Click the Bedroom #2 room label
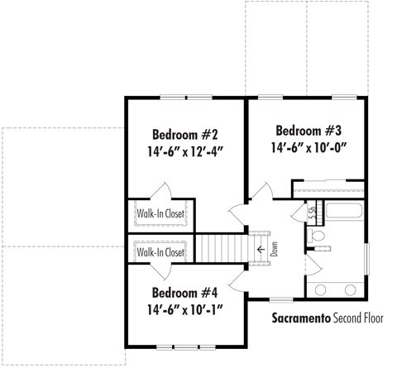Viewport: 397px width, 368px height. point(185,135)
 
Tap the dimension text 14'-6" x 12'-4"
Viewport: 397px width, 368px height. point(185,151)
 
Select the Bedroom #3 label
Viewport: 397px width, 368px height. point(309,131)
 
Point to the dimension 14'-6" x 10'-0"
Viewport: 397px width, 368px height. point(309,147)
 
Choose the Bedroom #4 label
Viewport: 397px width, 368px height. point(184,293)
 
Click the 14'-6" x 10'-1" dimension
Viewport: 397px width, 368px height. point(184,309)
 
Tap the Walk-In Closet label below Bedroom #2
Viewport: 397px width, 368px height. point(160,213)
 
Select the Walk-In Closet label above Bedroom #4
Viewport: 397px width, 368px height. point(160,252)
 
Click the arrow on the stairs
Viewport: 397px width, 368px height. point(261,250)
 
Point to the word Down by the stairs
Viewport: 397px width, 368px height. point(274,249)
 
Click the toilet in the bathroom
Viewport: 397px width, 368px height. point(316,237)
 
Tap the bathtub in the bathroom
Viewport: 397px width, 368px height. point(344,211)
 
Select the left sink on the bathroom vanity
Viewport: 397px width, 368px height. point(320,289)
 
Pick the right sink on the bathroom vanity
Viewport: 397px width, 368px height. point(351,289)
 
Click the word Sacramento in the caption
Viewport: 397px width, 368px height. point(301,318)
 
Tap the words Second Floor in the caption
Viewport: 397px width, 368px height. point(358,318)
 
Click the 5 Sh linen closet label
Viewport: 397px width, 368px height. point(313,213)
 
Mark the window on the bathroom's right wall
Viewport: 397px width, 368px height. point(366,259)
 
